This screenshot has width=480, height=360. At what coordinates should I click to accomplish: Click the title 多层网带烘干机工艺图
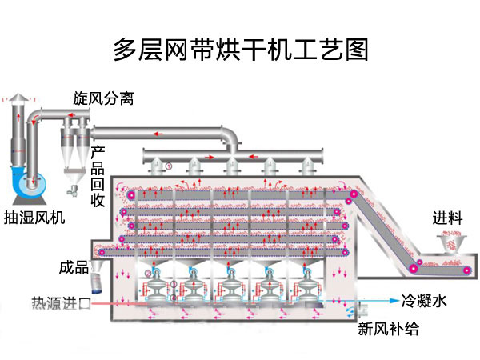pos(240,50)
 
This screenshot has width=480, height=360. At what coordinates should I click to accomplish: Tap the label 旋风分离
pos(103,99)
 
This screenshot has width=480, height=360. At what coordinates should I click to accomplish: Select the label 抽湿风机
pos(35,218)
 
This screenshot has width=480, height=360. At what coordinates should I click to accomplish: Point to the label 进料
pos(448,218)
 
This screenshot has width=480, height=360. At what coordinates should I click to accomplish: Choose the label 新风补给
pos(388,328)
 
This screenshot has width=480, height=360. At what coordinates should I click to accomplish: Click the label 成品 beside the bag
pos(74,266)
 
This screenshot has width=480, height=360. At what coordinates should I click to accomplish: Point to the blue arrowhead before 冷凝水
pos(394,302)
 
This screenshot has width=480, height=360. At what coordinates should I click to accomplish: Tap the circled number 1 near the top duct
pos(169,166)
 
